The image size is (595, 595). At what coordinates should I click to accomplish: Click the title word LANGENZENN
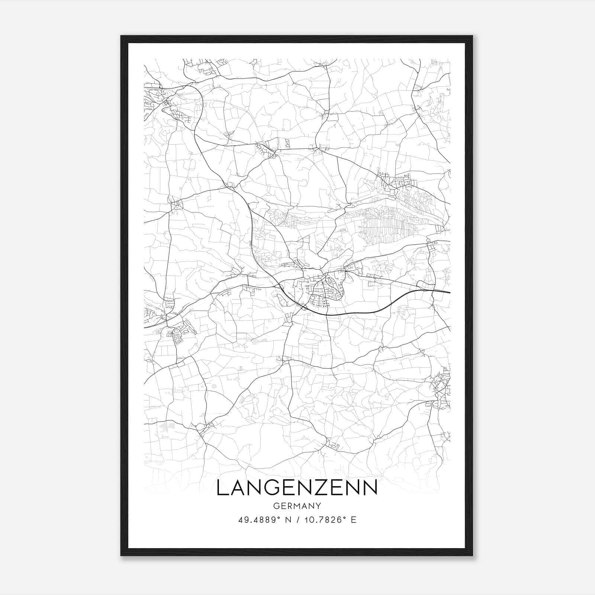tap(297, 488)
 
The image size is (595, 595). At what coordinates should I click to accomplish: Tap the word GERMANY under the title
tap(297, 506)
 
